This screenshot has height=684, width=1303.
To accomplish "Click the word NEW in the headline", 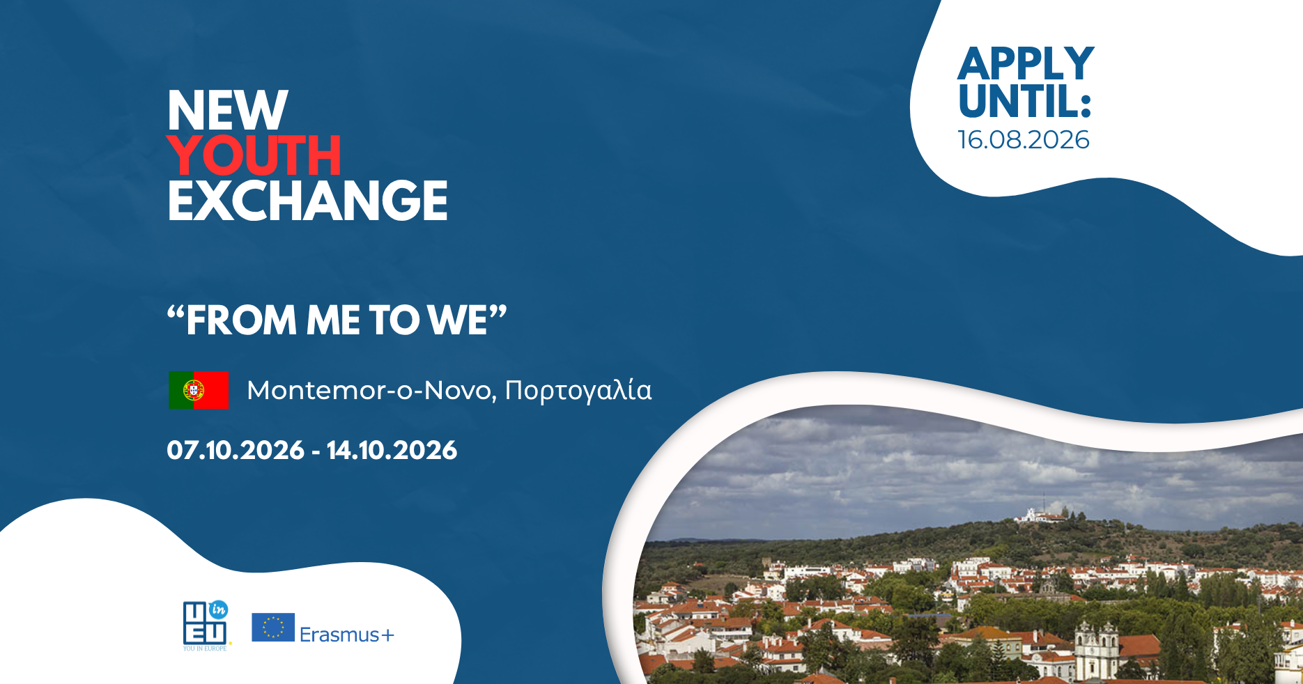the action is [227, 110].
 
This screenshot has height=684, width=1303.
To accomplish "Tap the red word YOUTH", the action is [254, 155].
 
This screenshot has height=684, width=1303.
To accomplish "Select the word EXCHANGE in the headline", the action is [307, 201].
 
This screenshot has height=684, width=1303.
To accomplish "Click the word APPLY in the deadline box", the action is [1026, 64].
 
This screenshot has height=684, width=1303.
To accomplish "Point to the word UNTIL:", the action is [1025, 101].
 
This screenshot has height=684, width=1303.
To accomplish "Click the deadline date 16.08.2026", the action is [1024, 140].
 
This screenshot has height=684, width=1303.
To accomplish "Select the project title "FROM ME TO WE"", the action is [337, 320].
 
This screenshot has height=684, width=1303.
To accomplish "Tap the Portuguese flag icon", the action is [199, 390].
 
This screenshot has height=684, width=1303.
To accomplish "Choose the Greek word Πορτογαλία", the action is [578, 391].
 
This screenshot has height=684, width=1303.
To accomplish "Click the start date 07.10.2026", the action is [236, 450].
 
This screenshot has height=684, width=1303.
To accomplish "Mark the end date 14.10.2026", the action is [392, 450].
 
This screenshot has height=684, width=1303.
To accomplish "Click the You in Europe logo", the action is [206, 625].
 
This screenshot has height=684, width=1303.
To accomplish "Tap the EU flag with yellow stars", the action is [273, 627].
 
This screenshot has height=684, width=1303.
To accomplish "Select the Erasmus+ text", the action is [347, 635].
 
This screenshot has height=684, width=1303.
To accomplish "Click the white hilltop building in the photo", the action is [1041, 515].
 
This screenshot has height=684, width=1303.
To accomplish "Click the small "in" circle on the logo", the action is [218, 609].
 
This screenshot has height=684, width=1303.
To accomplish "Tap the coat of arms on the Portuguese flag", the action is [194, 390].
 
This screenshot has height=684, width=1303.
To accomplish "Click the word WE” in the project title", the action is [467, 320].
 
